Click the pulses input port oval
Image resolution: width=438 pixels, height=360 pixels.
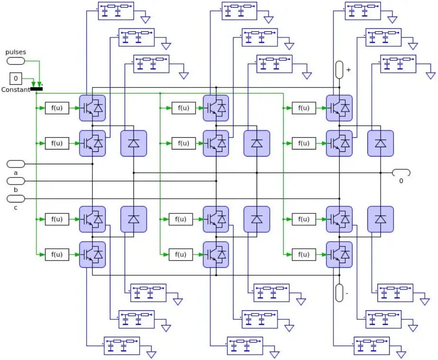16,61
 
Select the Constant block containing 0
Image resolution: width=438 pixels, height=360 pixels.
16,78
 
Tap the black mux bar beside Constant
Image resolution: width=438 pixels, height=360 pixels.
36,88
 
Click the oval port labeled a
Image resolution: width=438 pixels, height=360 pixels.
16,164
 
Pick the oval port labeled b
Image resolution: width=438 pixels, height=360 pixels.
16,181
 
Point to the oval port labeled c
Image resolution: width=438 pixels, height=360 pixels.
16,199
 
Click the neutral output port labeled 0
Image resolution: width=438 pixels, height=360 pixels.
401,173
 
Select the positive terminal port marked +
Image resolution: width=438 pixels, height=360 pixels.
340,70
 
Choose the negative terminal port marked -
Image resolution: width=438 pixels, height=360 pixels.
340,293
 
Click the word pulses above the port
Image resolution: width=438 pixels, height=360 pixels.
16,52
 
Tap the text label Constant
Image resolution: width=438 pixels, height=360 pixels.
16,89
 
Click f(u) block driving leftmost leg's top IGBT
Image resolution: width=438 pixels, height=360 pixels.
57,108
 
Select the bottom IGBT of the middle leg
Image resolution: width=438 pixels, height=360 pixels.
216,255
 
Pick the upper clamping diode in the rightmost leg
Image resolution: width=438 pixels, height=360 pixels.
380,143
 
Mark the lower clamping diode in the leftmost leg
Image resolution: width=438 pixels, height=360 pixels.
134,219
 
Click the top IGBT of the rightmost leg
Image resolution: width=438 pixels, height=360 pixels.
339,108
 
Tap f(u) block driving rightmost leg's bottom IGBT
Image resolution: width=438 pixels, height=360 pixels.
304,255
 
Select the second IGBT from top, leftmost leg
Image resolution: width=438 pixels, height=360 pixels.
92,143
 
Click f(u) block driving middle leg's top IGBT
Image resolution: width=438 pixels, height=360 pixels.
184,108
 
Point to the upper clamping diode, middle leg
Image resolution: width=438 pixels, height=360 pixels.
257,143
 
